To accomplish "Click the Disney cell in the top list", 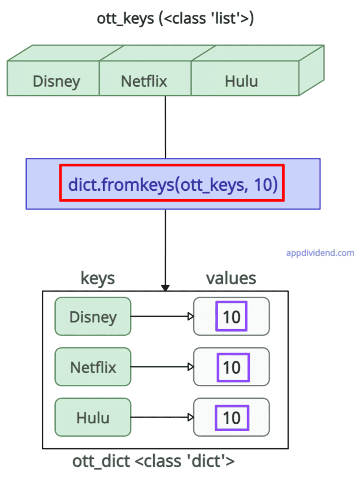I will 56,81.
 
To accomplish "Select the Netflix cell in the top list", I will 144,81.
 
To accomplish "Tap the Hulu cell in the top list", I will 241,81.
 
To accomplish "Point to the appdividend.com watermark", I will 320,253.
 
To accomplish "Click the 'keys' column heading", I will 97,278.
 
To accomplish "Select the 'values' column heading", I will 231,278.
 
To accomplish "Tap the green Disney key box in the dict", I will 93,316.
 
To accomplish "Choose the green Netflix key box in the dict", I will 93,367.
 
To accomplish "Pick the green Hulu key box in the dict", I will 93,417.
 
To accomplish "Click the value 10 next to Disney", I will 232,317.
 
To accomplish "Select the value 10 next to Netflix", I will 232,367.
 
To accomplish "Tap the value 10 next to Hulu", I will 232,418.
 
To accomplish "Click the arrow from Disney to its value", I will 162,316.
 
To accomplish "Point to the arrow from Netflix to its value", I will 162,367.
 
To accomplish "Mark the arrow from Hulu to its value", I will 162,417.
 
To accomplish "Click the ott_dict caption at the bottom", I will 153,461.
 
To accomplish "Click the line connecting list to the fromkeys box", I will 165,127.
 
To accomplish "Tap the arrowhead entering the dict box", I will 165,287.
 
